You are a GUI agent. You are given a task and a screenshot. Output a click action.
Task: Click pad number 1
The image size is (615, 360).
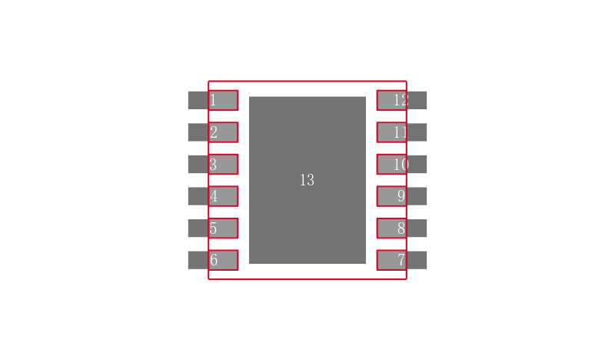pos(223,100)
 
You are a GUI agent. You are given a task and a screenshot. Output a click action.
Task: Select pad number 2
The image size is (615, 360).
pos(223,132)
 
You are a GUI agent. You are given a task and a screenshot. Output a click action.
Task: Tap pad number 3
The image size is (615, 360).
pos(223,164)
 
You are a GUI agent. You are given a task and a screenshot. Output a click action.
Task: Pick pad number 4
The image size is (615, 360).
pos(223,196)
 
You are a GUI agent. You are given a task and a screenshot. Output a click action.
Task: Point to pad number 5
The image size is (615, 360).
pos(223,228)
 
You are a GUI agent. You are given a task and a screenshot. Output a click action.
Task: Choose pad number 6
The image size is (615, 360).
pos(223,260)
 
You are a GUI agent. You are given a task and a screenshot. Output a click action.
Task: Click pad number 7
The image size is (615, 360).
pos(392,260)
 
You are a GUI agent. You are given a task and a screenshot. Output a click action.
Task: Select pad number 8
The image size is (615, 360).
pos(392,228)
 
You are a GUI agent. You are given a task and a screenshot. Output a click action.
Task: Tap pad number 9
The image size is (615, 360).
pos(392,196)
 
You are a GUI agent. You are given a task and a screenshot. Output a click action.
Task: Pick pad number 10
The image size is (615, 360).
pos(392,164)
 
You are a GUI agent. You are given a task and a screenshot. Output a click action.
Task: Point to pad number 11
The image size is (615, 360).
pos(392,132)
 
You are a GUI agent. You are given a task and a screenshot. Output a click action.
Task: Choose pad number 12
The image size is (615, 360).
pos(392,100)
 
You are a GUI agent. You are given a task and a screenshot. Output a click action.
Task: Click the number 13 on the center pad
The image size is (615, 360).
pos(307,180)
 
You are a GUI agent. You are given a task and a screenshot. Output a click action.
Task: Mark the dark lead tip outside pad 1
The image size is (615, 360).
pos(198,100)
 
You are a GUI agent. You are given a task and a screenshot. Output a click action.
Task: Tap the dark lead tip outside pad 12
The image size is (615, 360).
pos(417,100)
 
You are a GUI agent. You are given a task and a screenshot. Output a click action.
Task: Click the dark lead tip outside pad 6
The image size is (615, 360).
pos(198,260)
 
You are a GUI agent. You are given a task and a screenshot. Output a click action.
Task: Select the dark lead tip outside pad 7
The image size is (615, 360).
pos(417,260)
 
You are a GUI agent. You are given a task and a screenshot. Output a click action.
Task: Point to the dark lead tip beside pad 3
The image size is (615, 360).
pos(198,164)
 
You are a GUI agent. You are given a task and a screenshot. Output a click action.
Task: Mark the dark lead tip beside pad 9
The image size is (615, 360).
pos(417,196)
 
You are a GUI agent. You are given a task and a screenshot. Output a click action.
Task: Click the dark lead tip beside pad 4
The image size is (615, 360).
pos(198,196)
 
